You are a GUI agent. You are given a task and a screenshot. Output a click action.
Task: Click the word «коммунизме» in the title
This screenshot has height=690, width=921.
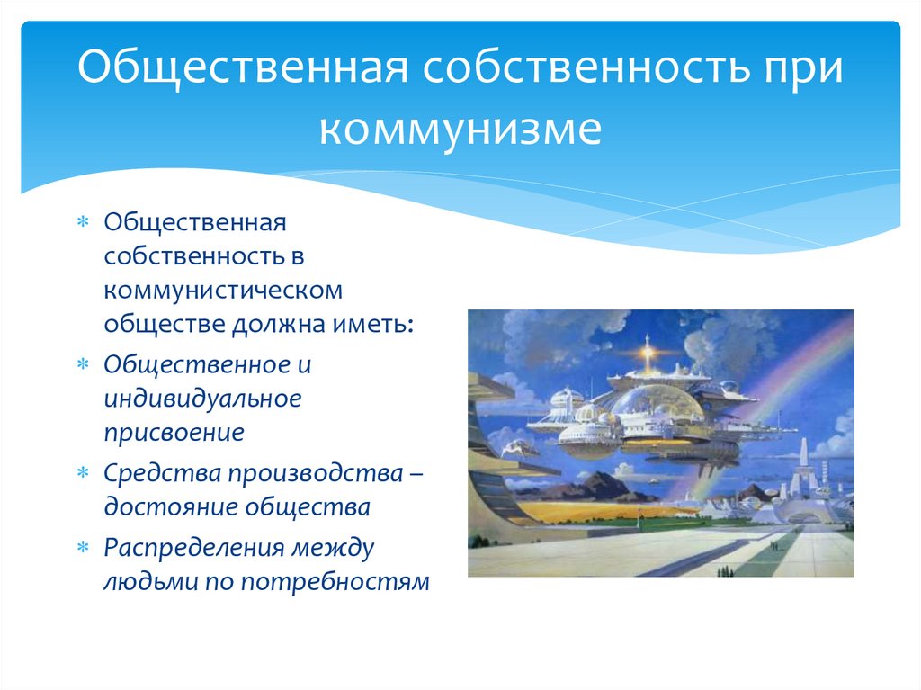[x=460, y=130]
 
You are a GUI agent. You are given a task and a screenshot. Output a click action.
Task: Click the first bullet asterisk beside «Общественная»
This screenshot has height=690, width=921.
[x=84, y=222]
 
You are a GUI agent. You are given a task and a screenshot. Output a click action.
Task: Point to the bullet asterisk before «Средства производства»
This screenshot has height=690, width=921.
[x=84, y=472]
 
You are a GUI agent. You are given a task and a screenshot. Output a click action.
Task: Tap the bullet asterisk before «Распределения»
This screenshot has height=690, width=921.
[x=84, y=548]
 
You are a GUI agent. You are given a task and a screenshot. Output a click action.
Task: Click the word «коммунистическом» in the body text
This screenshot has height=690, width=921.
[x=223, y=291]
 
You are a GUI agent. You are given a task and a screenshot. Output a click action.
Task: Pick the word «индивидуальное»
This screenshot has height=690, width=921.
[x=202, y=399]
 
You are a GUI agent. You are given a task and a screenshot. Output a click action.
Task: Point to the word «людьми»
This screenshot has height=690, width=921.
[x=151, y=582]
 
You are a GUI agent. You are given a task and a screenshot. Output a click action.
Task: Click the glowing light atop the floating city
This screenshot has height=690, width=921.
[x=648, y=354]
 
